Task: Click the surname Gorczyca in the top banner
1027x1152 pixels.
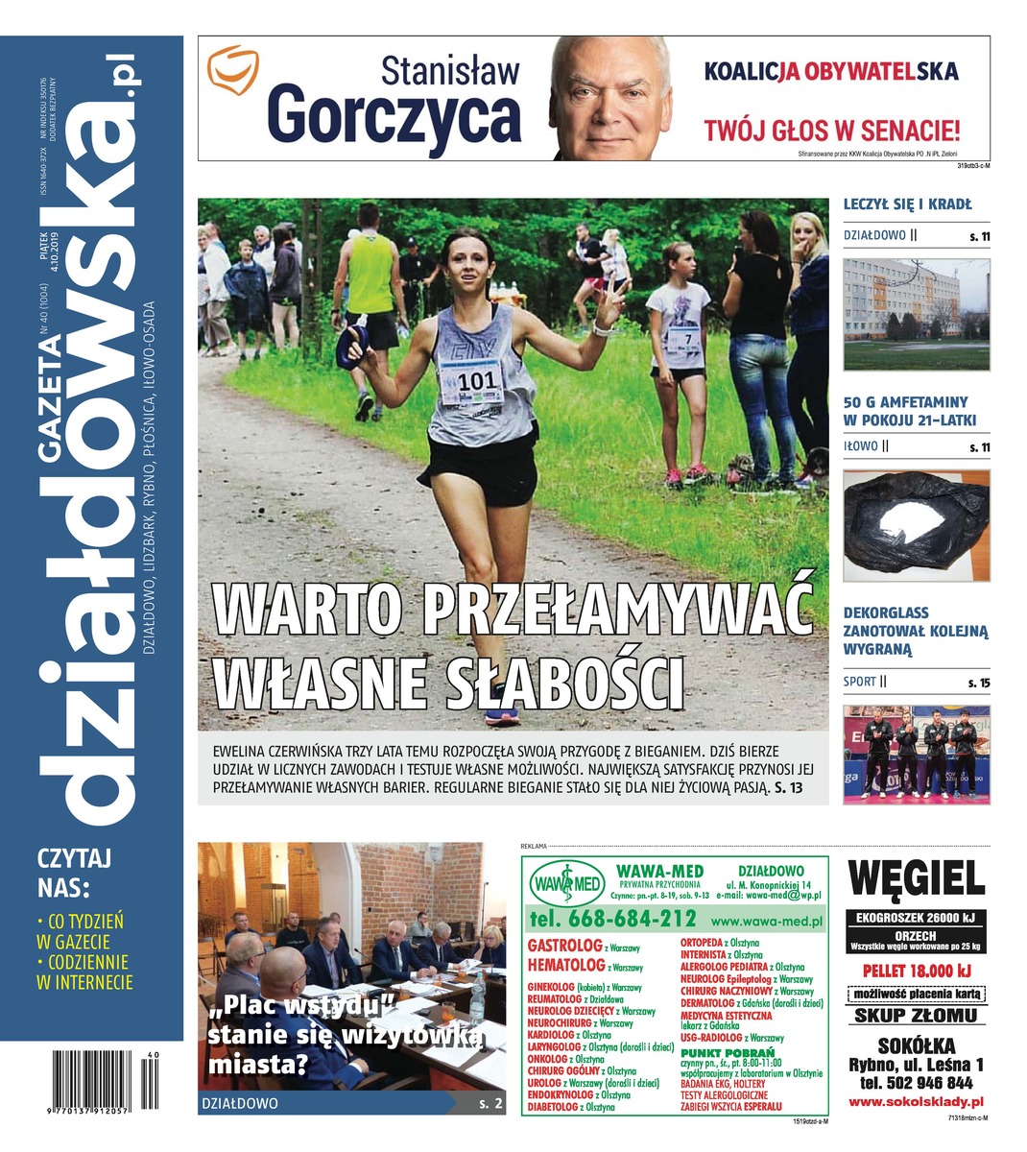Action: (394, 117)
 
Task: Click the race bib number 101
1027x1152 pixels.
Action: (477, 381)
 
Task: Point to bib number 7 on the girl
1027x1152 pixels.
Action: (687, 338)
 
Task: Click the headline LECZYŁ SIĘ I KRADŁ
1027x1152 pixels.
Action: (907, 204)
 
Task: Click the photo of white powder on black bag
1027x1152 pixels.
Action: (916, 527)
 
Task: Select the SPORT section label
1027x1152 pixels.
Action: (860, 682)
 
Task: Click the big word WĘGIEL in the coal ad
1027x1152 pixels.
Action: (917, 877)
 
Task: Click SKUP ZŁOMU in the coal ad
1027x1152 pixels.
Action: (916, 1016)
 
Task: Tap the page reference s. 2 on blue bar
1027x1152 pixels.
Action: (490, 1104)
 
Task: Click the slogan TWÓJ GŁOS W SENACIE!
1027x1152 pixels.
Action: (831, 130)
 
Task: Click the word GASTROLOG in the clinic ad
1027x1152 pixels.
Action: (564, 946)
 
